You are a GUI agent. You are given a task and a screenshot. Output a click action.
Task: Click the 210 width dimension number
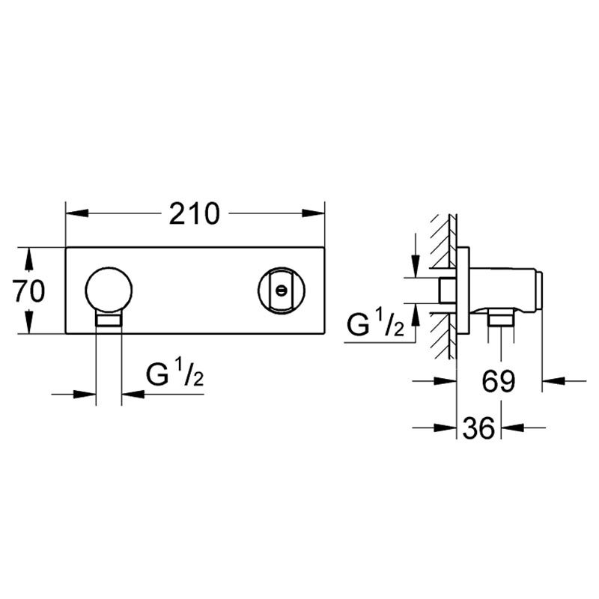coord(195,213)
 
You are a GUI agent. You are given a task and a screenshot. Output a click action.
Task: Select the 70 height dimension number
coord(28,291)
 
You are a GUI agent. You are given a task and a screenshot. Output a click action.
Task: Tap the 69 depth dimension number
coord(499,381)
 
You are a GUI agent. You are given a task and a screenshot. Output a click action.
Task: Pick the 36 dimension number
coord(478,428)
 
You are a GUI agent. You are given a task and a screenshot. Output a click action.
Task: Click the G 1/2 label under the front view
coord(174,373)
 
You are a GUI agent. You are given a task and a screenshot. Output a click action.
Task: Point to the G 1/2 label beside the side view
coord(375,323)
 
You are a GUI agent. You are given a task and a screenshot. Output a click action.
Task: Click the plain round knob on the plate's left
coord(109,291)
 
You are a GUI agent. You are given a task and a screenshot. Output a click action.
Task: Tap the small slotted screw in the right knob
coord(282,291)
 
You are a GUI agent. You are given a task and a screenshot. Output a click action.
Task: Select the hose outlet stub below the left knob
coord(109,320)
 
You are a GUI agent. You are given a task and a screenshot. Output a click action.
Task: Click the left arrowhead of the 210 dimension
coord(77,213)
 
